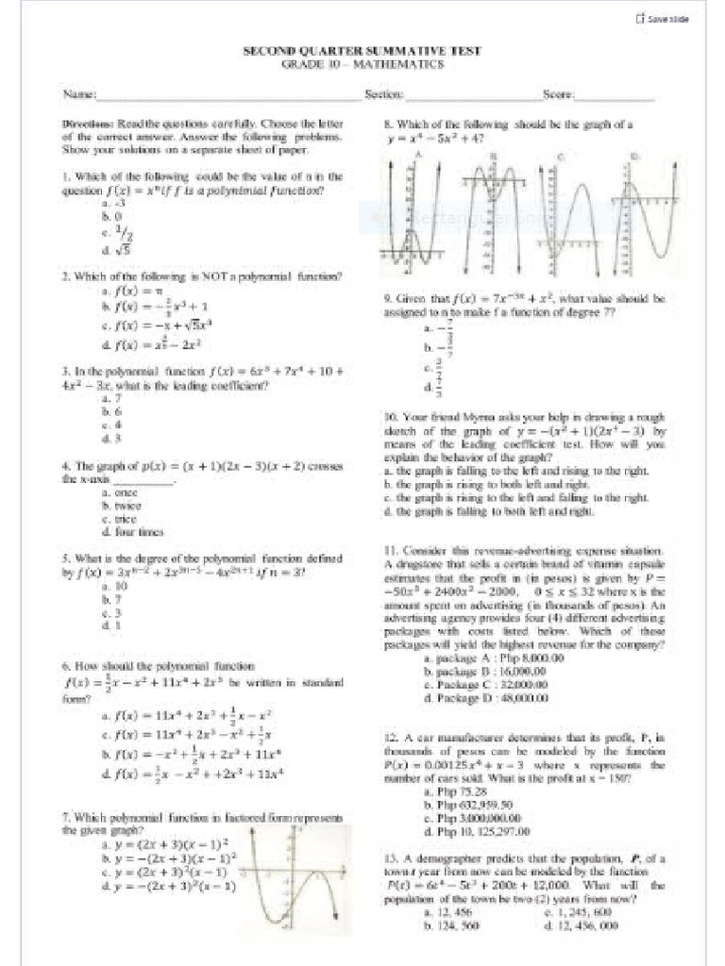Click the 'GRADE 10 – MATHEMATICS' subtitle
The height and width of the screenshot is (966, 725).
pyautogui.click(x=363, y=64)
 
